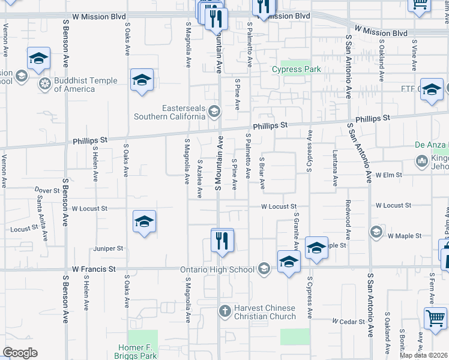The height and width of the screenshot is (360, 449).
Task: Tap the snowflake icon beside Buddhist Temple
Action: click(43, 83)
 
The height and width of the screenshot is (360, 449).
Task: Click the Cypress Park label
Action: click(297, 69)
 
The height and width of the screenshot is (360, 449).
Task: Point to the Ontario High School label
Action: click(217, 269)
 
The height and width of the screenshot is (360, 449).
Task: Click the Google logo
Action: click(20, 353)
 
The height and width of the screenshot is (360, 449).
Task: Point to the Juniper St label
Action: click(108, 248)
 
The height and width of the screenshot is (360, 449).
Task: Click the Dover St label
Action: click(46, 190)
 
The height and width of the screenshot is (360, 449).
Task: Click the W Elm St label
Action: click(388, 175)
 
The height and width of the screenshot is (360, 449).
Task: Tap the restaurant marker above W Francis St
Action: click(222, 241)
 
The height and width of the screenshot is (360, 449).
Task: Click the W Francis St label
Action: click(93, 269)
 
